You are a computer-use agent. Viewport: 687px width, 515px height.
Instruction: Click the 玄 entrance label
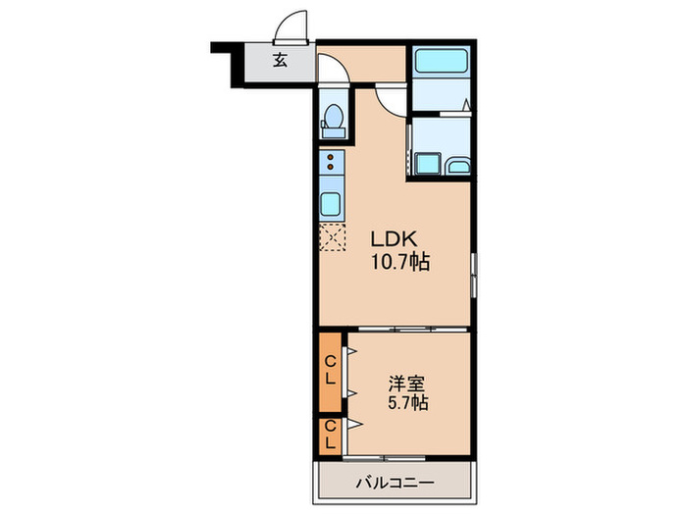(x=280, y=61)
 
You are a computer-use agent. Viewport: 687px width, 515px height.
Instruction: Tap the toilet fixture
(x=333, y=119)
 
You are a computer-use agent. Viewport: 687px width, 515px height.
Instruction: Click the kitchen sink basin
(x=332, y=204)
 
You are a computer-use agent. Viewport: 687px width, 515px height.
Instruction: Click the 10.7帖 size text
(x=399, y=262)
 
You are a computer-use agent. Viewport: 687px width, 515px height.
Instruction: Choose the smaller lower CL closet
(x=330, y=434)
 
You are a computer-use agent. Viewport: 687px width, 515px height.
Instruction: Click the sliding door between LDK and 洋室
(x=407, y=331)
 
